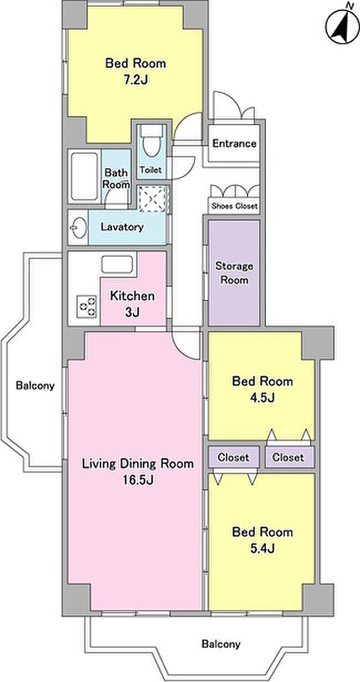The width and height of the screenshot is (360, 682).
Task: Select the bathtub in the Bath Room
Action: pyautogui.click(x=84, y=176)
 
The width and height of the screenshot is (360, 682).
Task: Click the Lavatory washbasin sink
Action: pyautogui.click(x=78, y=228)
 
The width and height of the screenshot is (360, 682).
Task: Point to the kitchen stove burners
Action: pyautogui.click(x=87, y=307)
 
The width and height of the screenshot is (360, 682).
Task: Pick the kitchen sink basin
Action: pyautogui.click(x=117, y=265)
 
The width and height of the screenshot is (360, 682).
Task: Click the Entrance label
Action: pyautogui.click(x=234, y=143)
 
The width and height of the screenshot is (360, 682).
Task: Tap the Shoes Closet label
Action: pyautogui.click(x=234, y=206)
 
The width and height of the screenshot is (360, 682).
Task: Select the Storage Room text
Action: pyautogui.click(x=234, y=273)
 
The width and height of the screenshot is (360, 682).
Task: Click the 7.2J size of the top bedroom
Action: pyautogui.click(x=136, y=80)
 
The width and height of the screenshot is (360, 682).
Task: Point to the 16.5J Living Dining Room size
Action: pyautogui.click(x=138, y=480)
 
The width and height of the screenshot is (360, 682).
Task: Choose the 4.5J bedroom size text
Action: pyautogui.click(x=262, y=397)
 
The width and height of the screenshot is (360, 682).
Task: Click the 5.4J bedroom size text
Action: pyautogui.click(x=262, y=549)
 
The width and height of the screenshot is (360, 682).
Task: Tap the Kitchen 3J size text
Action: pyautogui.click(x=132, y=312)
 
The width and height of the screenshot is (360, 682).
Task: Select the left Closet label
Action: pyautogui.click(x=234, y=457)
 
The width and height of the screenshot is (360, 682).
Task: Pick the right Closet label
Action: pyautogui.click(x=288, y=457)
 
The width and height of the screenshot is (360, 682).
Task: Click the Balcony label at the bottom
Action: pyautogui.click(x=221, y=644)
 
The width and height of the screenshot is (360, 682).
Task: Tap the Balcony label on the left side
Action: pyautogui.click(x=35, y=385)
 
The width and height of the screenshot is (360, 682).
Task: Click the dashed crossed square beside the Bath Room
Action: pyautogui.click(x=153, y=198)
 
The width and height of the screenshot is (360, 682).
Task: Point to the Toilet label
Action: pyautogui.click(x=151, y=169)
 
